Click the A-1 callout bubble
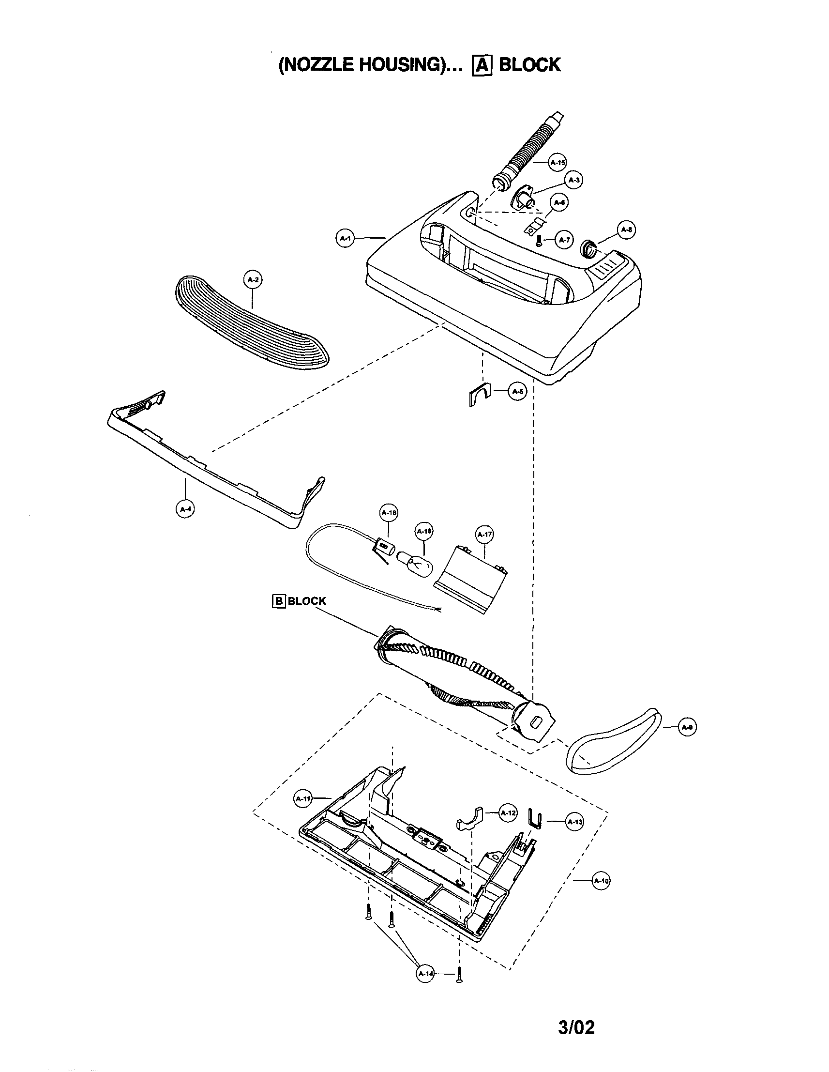coord(346,239)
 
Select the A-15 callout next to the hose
coord(558,163)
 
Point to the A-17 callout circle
coord(484,534)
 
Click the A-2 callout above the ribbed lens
coord(253,280)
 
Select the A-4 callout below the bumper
coord(185,509)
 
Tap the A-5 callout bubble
coord(517,391)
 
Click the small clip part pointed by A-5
coord(475,395)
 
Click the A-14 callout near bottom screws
coord(425,974)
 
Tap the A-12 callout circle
coord(507,813)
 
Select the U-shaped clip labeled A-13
coord(534,818)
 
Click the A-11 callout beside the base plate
coord(302,798)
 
